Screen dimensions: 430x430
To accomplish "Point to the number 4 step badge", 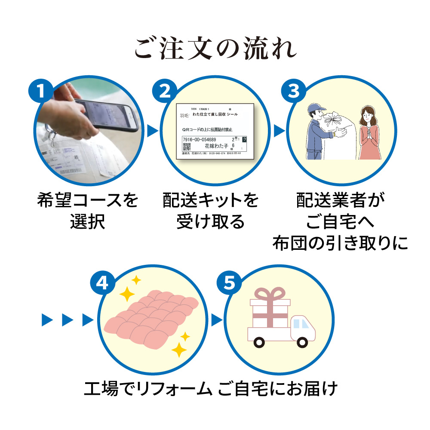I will (x=102, y=283).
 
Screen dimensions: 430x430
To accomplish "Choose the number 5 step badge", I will (x=230, y=283).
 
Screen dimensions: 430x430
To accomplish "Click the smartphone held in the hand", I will (x=107, y=114).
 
